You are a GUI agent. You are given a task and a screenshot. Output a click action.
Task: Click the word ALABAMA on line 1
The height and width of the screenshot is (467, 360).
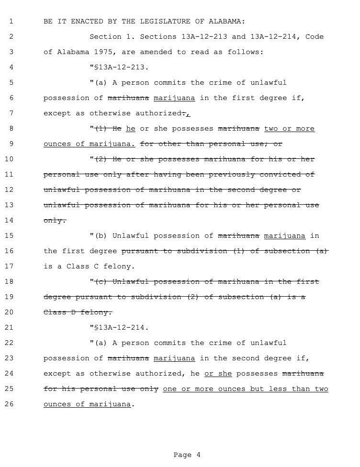tap(227, 22)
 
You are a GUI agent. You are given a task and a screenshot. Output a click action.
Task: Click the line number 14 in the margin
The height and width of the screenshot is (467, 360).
tap(11, 221)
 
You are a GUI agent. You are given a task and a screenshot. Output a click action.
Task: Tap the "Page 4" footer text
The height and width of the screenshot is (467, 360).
tap(187, 455)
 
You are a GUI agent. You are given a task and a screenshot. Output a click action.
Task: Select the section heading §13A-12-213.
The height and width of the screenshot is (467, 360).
tap(121, 67)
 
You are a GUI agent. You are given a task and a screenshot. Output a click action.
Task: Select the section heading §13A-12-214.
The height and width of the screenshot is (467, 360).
tap(121, 328)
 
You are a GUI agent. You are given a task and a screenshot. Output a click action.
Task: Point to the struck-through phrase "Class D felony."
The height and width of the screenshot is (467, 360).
tap(78, 312)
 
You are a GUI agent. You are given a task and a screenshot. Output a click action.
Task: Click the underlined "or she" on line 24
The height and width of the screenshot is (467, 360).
tap(218, 374)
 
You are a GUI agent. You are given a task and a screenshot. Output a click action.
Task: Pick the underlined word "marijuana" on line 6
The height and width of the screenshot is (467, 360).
tap(174, 98)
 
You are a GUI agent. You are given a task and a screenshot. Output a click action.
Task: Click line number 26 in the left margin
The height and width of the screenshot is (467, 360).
tap(11, 404)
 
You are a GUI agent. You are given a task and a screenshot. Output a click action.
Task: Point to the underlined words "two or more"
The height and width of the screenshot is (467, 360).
tap(289, 129)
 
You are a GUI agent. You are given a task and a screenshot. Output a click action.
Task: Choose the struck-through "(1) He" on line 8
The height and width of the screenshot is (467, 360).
tap(108, 129)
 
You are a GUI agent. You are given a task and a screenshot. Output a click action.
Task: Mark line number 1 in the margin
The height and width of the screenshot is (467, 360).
tap(11, 22)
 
